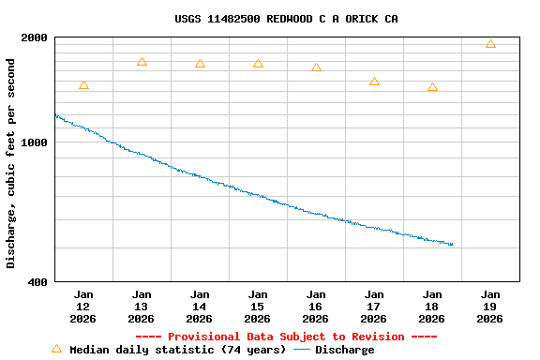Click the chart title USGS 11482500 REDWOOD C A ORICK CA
click(286, 19)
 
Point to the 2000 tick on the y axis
click(34, 37)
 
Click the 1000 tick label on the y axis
click(34, 142)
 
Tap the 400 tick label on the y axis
click(37, 281)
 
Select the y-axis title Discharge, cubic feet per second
click(11, 163)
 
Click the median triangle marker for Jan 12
click(83, 85)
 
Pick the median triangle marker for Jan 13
click(142, 62)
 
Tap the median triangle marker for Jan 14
click(200, 64)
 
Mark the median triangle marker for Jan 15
click(258, 64)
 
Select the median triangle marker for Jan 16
click(316, 67)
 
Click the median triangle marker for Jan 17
click(374, 82)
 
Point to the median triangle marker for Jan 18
click(432, 87)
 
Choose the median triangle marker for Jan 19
click(490, 44)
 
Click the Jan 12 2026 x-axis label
click(83, 306)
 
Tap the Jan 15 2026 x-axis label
click(258, 306)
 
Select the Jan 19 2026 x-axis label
click(490, 306)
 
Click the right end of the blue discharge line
click(452, 245)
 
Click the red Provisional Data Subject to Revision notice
click(286, 337)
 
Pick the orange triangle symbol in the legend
click(56, 349)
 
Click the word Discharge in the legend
click(344, 350)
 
